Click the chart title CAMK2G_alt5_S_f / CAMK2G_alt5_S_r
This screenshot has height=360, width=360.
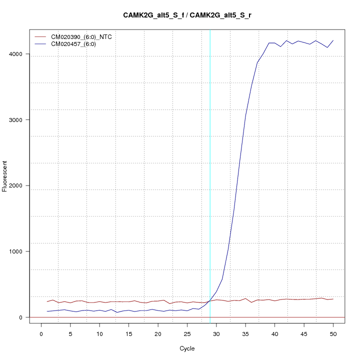pyautogui.click(x=187, y=15)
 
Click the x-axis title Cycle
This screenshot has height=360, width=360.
pyautogui.click(x=187, y=348)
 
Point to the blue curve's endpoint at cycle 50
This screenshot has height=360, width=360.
pyautogui.click(x=333, y=40)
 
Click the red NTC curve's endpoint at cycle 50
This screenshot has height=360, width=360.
pyautogui.click(x=333, y=299)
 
